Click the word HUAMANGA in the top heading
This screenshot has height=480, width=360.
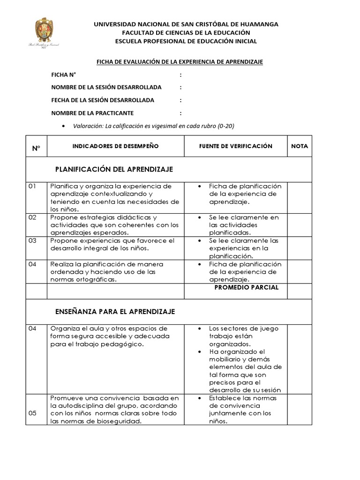(x=257, y=24)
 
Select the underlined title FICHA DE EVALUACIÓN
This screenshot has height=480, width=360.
(x=180, y=62)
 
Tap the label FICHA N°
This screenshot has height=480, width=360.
(x=64, y=75)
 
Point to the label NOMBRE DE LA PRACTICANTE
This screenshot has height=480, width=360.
(x=92, y=113)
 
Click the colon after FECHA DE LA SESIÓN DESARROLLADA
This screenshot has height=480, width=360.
(x=180, y=100)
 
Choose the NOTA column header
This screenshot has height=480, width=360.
(x=300, y=146)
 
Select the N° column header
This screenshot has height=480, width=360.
(x=36, y=148)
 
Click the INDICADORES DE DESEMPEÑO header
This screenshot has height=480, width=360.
(x=115, y=146)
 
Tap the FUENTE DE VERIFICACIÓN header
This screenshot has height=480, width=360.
(x=236, y=146)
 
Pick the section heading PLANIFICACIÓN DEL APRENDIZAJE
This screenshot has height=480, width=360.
(x=114, y=169)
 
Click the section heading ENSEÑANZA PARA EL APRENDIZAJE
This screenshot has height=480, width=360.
(x=115, y=311)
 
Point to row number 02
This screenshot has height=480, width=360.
(x=32, y=217)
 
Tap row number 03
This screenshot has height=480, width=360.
(x=32, y=240)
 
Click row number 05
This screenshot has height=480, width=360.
(x=32, y=413)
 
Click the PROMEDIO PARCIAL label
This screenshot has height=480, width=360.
(x=246, y=287)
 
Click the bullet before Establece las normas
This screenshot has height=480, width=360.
(x=200, y=398)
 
